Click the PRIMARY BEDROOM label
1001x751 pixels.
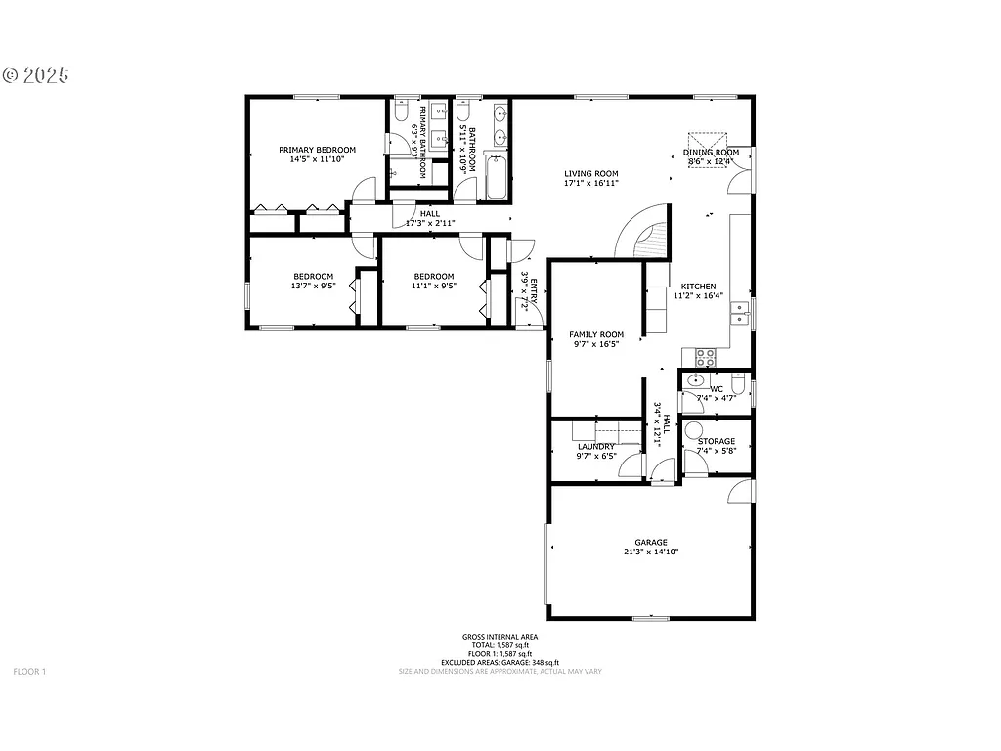pos(317,150)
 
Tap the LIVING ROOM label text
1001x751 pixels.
pos(590,174)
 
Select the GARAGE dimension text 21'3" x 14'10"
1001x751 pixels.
pos(650,552)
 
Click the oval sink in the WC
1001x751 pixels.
pos(696,380)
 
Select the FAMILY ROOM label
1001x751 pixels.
pos(596,334)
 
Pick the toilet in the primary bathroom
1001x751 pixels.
pos(401,114)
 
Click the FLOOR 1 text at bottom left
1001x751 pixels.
pos(29,672)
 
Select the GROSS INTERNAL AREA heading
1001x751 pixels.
pos(500,637)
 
